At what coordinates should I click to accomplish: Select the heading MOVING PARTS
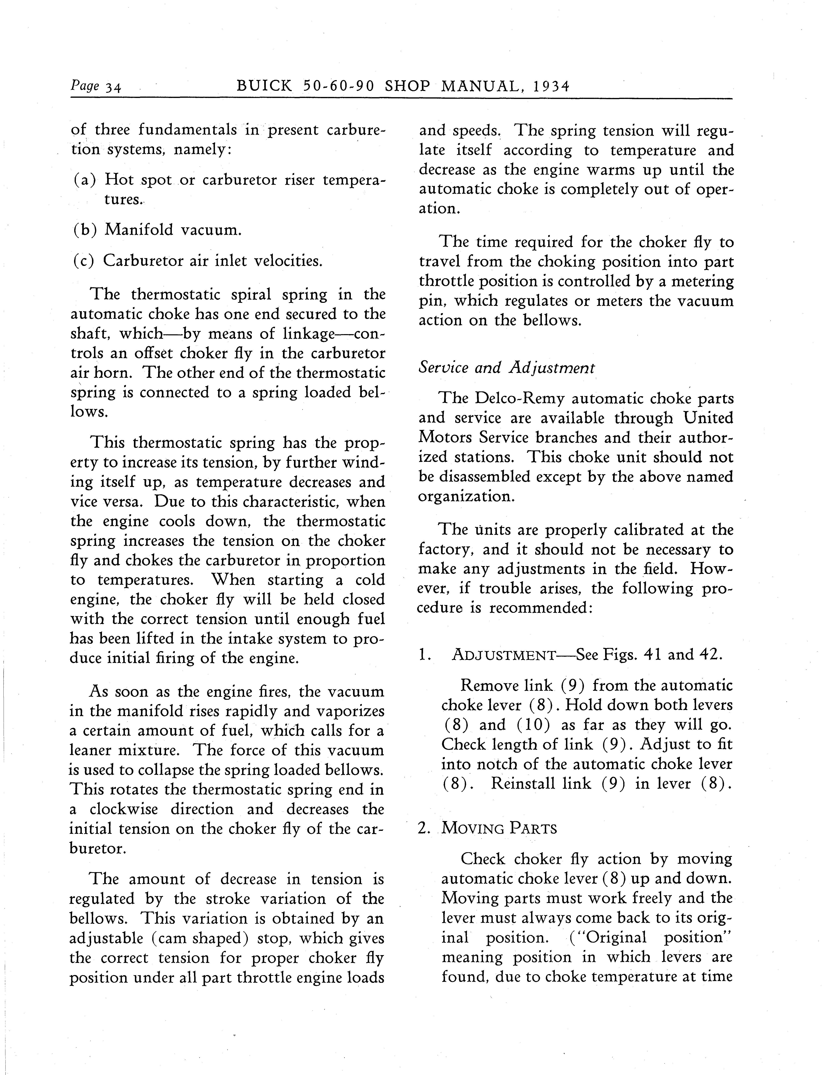point(499,828)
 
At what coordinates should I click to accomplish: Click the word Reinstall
point(523,784)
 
